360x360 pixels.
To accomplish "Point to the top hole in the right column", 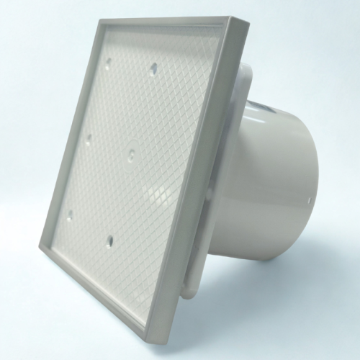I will pos(153,68).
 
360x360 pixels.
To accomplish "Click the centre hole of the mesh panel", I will pos(132,153).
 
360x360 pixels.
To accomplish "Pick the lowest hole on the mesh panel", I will pos(109,239).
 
